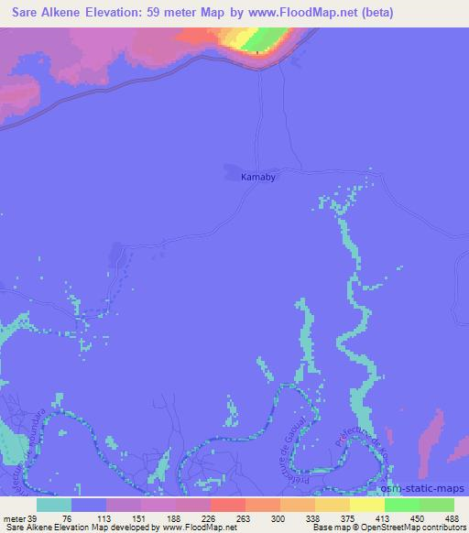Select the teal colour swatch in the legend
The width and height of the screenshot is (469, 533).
(54, 505)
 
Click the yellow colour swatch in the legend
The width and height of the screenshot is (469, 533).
(367, 505)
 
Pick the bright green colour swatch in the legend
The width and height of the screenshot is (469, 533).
(402, 505)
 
